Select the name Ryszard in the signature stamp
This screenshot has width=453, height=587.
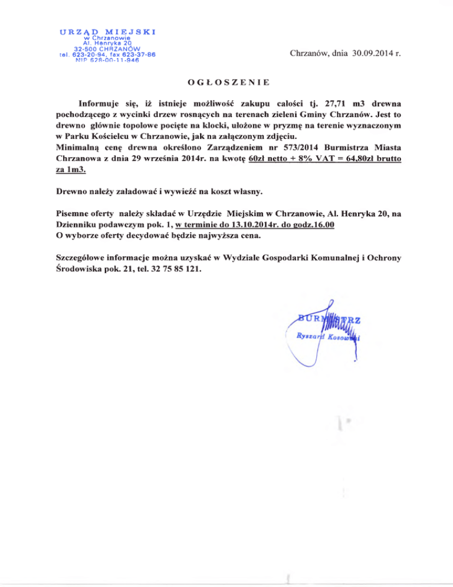313,335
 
